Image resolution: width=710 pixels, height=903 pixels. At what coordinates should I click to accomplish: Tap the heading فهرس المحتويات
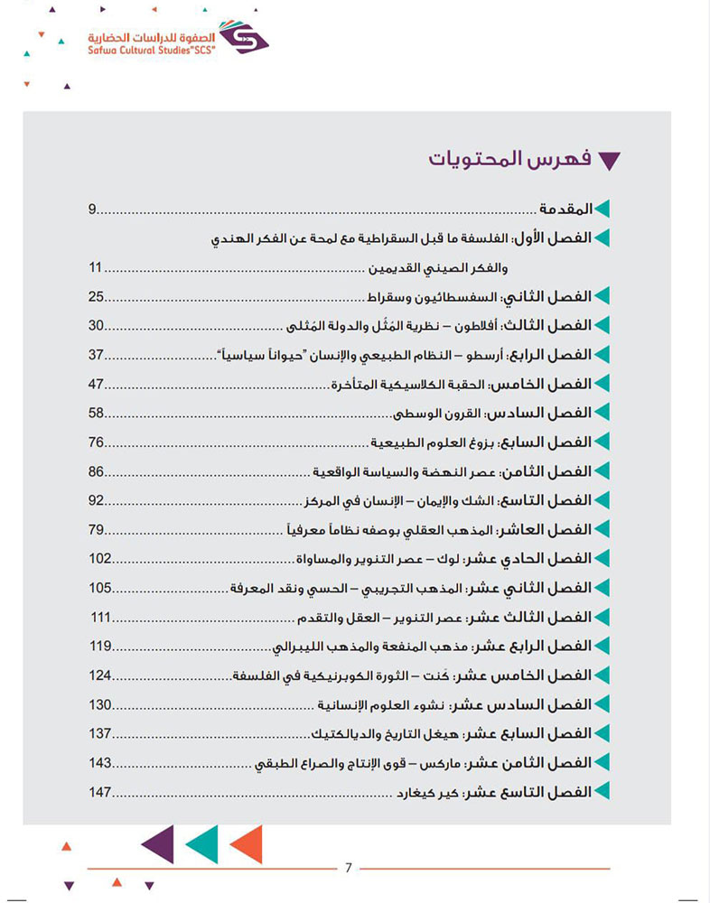pyautogui.click(x=512, y=160)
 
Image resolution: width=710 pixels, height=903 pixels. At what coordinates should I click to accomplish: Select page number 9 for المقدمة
pyautogui.click(x=92, y=209)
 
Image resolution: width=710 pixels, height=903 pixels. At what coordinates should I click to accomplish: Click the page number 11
pyautogui.click(x=98, y=268)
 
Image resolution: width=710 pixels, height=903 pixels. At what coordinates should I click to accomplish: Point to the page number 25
pyautogui.click(x=97, y=297)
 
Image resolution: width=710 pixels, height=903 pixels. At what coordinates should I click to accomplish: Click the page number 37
pyautogui.click(x=97, y=355)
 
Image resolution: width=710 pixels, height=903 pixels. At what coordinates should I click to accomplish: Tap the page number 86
pyautogui.click(x=97, y=471)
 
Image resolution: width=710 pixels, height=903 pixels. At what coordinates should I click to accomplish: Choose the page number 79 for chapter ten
pyautogui.click(x=97, y=529)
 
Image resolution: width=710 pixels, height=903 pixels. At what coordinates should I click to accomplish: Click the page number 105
pyautogui.click(x=100, y=588)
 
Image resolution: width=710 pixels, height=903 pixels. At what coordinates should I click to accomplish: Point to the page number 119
pyautogui.click(x=100, y=646)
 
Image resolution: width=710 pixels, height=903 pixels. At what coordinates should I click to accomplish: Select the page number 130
pyautogui.click(x=100, y=704)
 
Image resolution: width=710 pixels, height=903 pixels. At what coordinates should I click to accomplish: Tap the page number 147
pyautogui.click(x=100, y=792)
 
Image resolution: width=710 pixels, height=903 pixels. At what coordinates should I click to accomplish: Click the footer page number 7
pyautogui.click(x=349, y=869)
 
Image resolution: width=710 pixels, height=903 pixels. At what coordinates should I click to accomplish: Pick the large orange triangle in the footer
pyautogui.click(x=246, y=845)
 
